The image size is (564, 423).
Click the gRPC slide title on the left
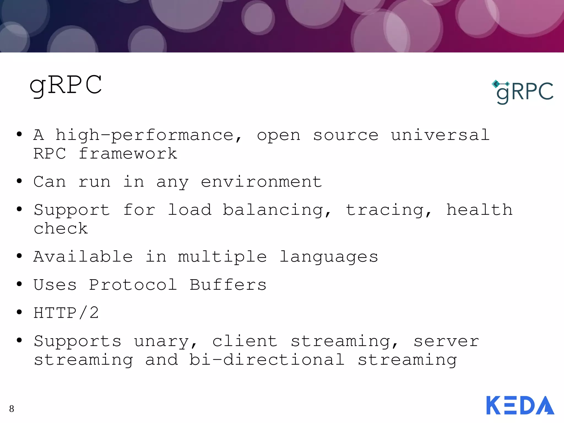point(66,85)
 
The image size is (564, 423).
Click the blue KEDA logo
point(520,405)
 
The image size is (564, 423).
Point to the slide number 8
point(12,409)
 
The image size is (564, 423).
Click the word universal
point(440,135)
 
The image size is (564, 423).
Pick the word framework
point(128,153)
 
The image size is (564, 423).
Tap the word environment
point(261,182)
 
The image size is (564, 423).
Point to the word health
point(479,210)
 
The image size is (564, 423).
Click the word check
point(61,228)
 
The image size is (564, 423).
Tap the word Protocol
point(133,284)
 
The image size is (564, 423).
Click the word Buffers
point(228,284)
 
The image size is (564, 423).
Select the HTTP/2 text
point(66,313)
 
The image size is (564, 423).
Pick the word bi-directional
point(267,360)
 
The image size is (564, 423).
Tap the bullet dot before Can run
point(19,181)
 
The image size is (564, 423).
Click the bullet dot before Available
point(19,256)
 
